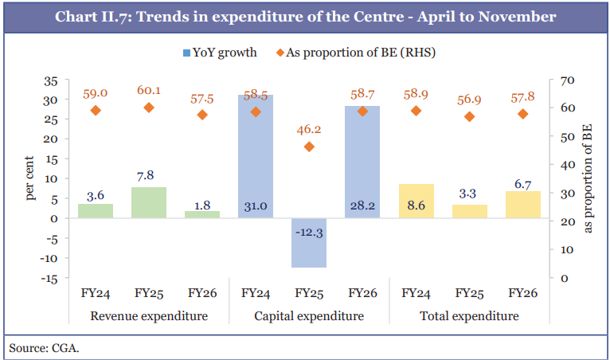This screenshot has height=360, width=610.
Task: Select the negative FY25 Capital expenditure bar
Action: coord(309,243)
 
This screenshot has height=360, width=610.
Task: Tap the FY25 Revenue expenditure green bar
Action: coord(149,202)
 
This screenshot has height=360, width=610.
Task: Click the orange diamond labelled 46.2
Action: coord(309,147)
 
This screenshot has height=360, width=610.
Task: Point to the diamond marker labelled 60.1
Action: coord(149,108)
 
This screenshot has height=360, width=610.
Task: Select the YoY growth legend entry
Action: coord(220,53)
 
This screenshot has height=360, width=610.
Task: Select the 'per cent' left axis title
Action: coord(30,179)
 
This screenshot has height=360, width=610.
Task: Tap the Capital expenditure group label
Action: coord(309,316)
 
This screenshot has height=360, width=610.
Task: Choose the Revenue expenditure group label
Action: coord(149,316)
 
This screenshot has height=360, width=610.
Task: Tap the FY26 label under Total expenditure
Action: coord(522,293)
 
